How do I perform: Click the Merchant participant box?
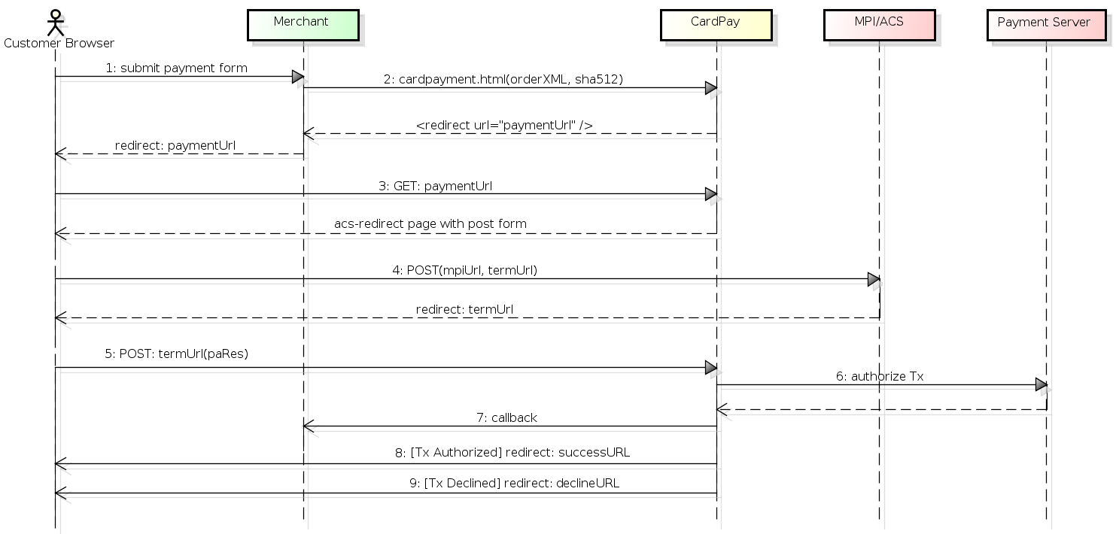(303, 25)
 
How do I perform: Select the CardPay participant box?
(716, 25)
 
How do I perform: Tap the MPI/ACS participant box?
(880, 25)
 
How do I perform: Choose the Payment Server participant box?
(1046, 25)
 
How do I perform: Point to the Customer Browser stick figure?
(55, 23)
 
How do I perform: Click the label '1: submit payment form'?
(176, 68)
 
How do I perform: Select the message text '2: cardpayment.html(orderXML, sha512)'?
(503, 79)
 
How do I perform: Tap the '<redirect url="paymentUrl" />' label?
(504, 125)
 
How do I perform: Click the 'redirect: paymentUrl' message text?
(175, 145)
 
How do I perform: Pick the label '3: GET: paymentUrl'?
(435, 186)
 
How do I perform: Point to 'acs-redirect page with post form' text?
(430, 223)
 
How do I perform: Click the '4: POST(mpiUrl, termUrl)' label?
(465, 270)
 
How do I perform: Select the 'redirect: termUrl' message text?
(464, 309)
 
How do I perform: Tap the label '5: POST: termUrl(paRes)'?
(176, 353)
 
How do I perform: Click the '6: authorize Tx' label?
(880, 376)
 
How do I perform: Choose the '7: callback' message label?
(506, 417)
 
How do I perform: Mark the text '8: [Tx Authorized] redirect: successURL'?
(512, 452)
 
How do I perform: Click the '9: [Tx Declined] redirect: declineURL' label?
(514, 483)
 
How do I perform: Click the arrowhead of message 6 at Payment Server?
(1041, 384)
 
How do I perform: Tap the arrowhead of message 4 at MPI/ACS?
(874, 280)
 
